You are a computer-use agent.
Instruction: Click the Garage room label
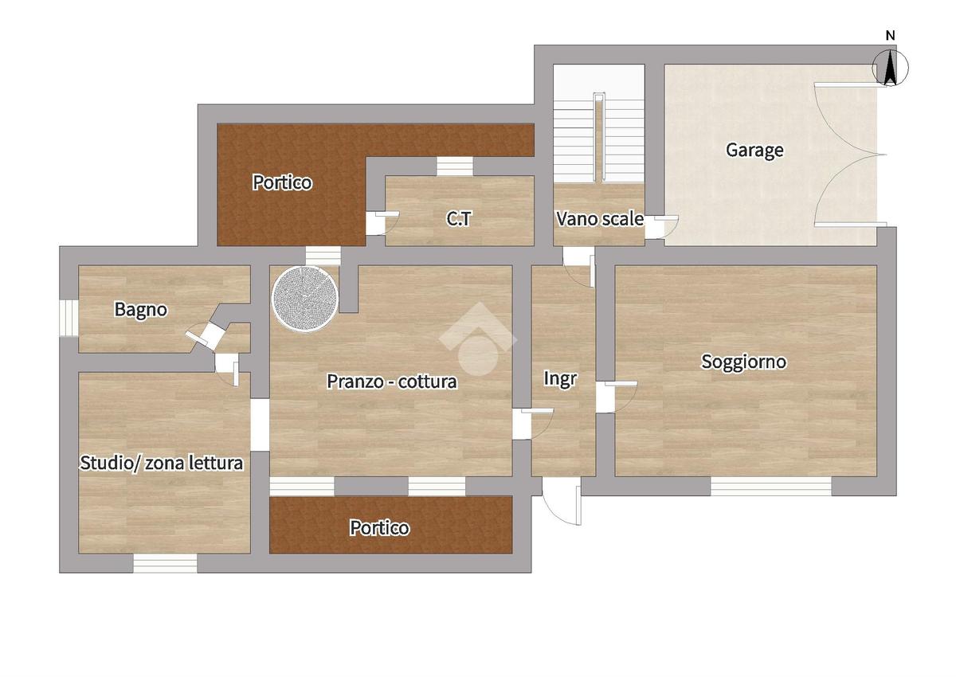(x=754, y=151)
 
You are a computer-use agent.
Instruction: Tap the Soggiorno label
(x=743, y=362)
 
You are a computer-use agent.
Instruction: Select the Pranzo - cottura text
(x=392, y=382)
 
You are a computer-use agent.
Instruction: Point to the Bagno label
(x=140, y=310)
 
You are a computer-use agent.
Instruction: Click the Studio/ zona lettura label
(x=161, y=463)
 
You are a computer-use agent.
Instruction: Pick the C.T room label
(x=459, y=219)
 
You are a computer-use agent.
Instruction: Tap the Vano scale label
(x=600, y=219)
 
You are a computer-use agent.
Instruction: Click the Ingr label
(x=560, y=379)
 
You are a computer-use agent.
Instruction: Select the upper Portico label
(x=282, y=182)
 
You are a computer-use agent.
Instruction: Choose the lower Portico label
(x=379, y=528)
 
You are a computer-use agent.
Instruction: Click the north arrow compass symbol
(x=890, y=68)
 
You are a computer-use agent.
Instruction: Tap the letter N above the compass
(x=891, y=36)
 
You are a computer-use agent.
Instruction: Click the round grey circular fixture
(x=304, y=299)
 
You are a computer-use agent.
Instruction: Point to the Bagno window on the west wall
(x=69, y=318)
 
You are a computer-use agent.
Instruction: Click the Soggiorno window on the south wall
(x=771, y=486)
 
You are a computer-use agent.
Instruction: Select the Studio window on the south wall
(x=165, y=563)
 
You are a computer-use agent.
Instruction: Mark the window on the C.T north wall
(x=455, y=166)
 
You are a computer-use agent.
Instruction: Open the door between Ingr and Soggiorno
(x=617, y=397)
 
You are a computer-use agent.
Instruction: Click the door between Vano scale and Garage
(x=660, y=227)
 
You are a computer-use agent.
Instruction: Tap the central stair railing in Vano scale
(x=599, y=136)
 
